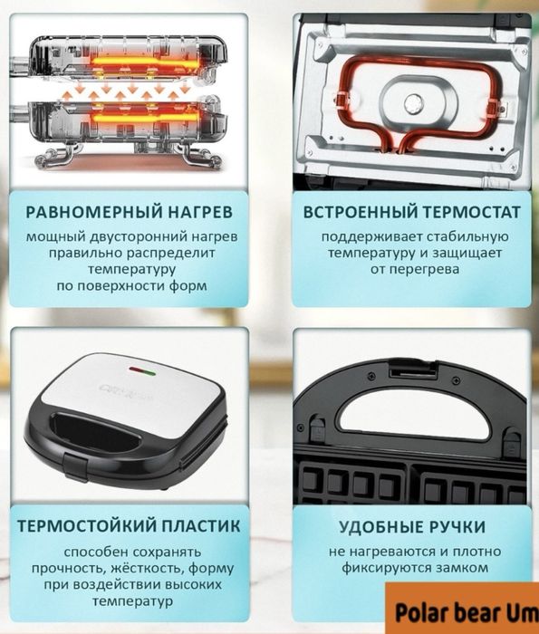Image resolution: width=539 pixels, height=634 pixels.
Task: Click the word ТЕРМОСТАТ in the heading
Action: (x=471, y=214)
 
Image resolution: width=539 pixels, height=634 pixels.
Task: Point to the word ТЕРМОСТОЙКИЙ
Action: (x=89, y=526)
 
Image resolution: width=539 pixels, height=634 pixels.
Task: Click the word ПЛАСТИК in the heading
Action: (x=205, y=526)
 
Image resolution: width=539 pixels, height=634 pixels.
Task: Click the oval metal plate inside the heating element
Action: (x=417, y=98)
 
